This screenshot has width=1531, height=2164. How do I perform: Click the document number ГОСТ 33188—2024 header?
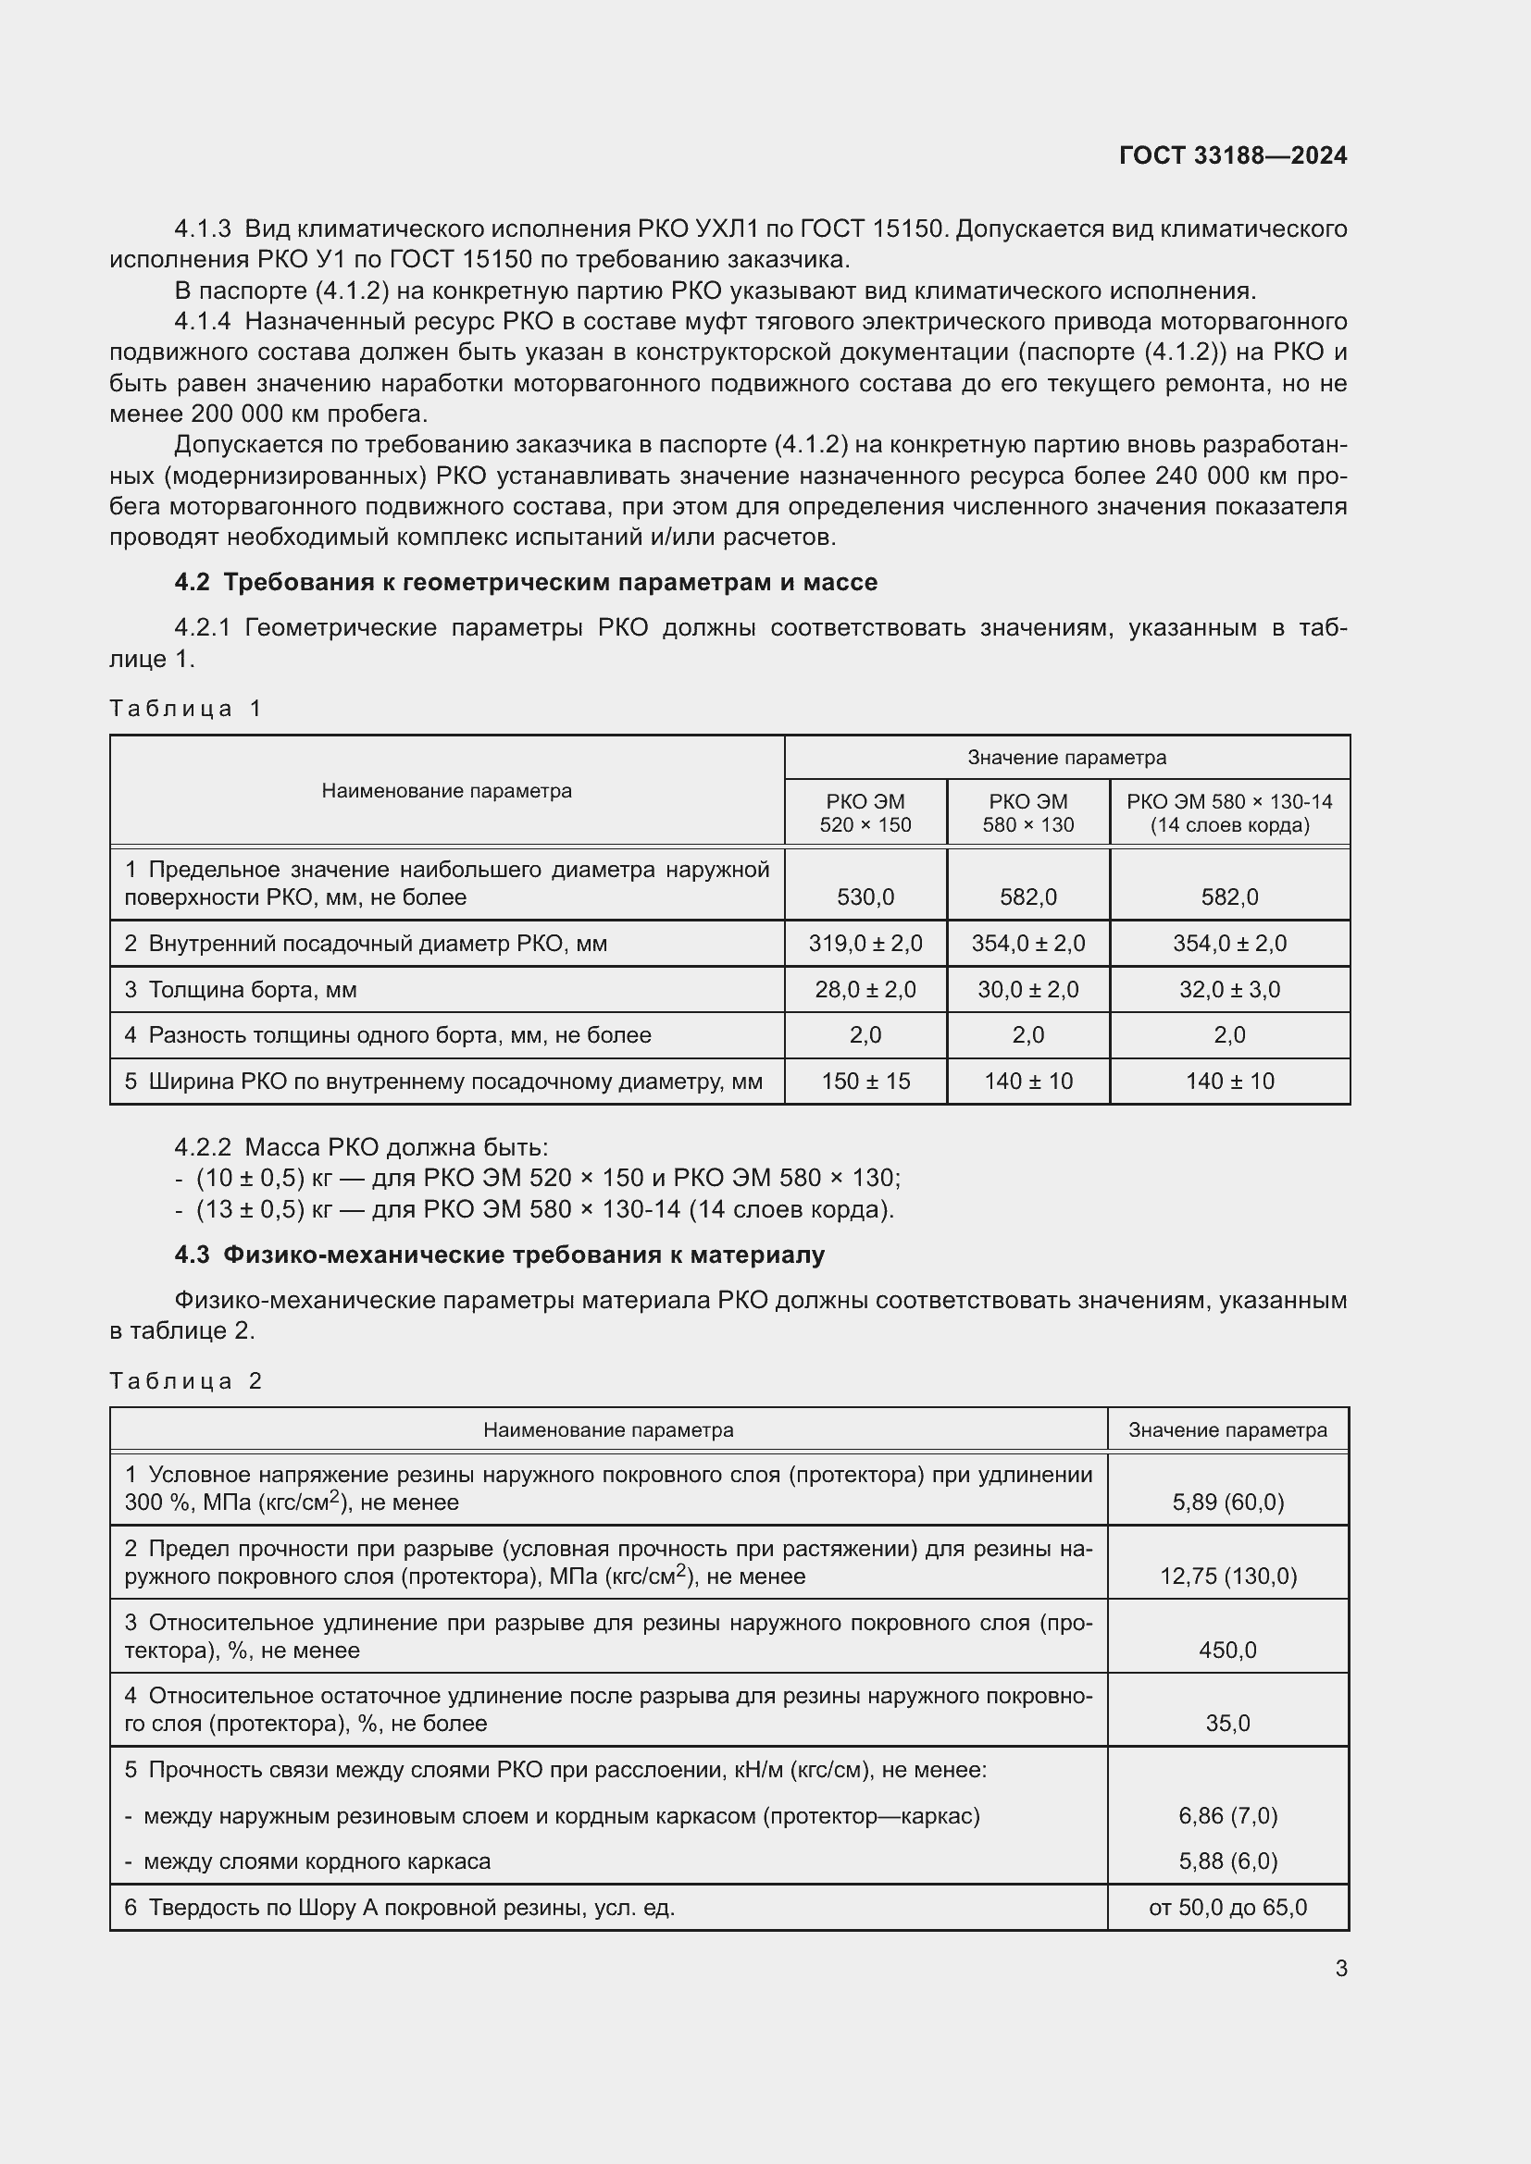1232,155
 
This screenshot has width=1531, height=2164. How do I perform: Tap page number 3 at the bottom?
1340,1968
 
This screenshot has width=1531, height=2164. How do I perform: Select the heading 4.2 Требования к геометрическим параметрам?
525,583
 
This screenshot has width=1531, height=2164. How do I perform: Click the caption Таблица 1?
185,708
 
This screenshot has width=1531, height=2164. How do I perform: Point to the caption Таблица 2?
185,1380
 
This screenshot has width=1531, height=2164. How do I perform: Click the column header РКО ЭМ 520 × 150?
865,812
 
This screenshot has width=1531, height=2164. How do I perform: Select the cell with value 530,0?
865,897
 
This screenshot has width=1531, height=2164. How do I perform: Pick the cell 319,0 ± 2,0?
865,943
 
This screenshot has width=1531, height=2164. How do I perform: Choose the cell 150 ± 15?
865,1081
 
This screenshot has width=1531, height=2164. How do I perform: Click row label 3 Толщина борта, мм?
241,989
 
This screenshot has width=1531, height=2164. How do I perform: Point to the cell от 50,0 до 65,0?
1226,1907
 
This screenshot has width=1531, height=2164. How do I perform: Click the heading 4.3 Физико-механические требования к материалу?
499,1255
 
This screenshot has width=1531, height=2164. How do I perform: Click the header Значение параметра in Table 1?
1066,757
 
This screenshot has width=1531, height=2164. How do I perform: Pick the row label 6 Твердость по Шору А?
399,1907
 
